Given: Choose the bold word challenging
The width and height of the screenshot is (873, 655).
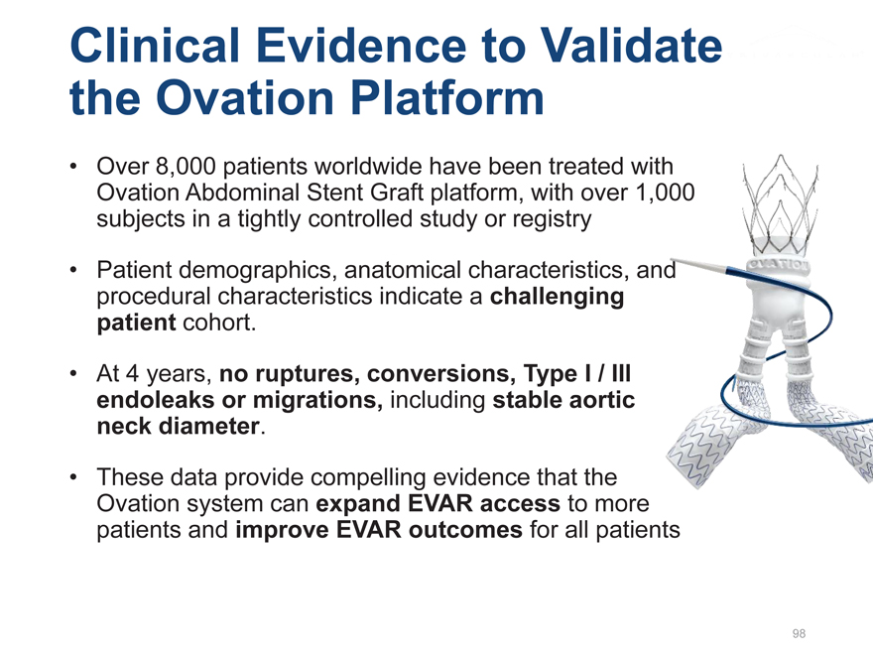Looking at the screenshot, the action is pyautogui.click(x=557, y=297).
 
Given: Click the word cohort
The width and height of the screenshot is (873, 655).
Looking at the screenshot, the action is pyautogui.click(x=219, y=323).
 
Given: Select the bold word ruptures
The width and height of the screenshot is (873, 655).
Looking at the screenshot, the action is pyautogui.click(x=290, y=374).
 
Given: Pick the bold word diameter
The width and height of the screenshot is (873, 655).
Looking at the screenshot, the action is pyautogui.click(x=211, y=426).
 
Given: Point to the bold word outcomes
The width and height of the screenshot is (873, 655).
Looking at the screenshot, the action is pyautogui.click(x=465, y=530).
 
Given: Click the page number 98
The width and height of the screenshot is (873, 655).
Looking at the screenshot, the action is pyautogui.click(x=799, y=633).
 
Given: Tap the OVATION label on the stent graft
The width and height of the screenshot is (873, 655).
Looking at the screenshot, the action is pyautogui.click(x=779, y=264).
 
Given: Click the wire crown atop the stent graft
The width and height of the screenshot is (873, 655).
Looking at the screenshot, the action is pyautogui.click(x=781, y=203).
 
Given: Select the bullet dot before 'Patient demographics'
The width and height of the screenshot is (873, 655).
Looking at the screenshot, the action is pyautogui.click(x=73, y=270).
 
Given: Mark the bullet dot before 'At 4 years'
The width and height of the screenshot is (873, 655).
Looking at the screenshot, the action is pyautogui.click(x=73, y=374).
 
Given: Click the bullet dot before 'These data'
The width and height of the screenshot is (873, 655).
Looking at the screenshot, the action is pyautogui.click(x=73, y=478).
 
